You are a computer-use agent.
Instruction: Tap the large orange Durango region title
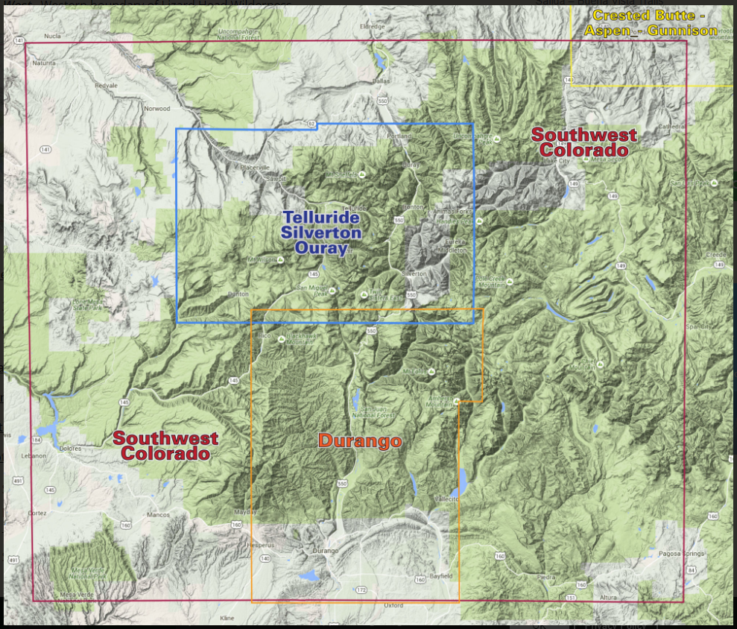[360, 441]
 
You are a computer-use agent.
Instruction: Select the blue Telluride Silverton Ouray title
[321, 233]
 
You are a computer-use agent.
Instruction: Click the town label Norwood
[157, 109]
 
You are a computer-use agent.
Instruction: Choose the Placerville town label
[253, 167]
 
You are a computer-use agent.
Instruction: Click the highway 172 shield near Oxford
[361, 590]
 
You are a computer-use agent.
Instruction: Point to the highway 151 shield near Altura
[571, 598]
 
